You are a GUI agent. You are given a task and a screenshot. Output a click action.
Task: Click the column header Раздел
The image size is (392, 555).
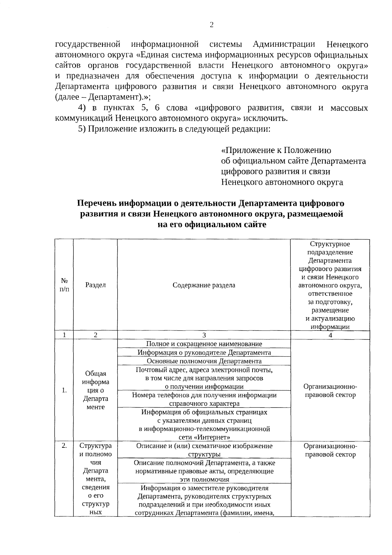95,285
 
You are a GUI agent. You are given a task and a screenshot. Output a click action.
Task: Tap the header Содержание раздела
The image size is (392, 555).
204,285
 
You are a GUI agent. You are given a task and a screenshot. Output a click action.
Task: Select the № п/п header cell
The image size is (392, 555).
64,285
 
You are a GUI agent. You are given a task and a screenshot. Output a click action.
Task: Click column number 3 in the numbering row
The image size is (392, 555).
204,335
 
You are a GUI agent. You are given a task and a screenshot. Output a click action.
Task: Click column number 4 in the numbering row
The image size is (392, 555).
330,335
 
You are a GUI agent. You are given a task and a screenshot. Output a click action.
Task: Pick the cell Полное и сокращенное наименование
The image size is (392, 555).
204,344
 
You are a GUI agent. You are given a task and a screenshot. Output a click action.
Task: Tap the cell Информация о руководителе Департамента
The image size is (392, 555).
204,353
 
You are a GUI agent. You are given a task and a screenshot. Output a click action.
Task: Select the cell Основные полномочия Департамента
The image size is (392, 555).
204,361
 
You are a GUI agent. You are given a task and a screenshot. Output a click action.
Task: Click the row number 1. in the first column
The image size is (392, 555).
64,391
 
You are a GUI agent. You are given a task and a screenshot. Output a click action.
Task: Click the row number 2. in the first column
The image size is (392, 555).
64,446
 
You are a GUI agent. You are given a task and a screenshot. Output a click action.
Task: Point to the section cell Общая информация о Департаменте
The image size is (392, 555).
95,391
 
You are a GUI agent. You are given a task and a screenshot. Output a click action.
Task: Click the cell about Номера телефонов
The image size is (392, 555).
204,399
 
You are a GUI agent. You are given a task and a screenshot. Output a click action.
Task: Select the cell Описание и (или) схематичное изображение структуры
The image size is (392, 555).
204,450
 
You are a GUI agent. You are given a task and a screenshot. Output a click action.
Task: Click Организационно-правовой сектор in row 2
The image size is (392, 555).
330,450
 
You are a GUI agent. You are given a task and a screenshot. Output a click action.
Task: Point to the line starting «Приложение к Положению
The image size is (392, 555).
276,150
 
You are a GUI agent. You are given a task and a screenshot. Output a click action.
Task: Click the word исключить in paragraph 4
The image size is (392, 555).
272,118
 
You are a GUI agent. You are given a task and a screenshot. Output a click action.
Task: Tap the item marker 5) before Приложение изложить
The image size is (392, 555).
82,129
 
